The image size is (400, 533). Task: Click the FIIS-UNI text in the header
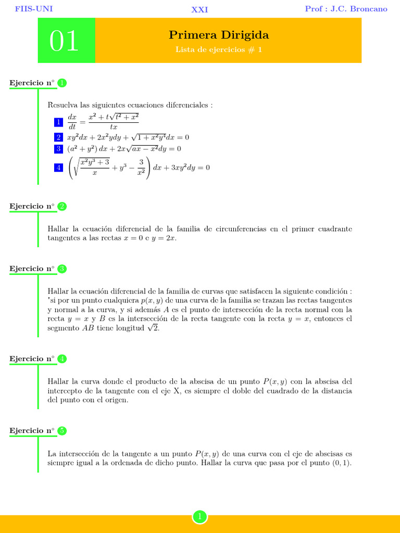[34, 9]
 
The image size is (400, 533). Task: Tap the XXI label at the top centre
[199, 9]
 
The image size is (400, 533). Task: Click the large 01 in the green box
[65, 41]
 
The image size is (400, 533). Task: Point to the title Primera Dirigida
[219, 35]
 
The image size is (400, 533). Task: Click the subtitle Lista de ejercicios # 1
[219, 50]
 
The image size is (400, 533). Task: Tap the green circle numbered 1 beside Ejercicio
[62, 83]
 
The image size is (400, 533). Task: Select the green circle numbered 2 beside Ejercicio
[62, 206]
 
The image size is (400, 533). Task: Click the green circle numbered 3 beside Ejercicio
[62, 269]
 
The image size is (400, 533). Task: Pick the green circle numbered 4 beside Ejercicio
[62, 359]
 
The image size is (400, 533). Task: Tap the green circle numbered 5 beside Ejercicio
[62, 430]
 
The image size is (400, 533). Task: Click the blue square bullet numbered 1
[58, 122]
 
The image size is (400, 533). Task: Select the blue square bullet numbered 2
[58, 137]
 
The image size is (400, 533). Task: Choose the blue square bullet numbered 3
[58, 149]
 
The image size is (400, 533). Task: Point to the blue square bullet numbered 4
[58, 168]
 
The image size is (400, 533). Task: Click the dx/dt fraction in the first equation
[72, 122]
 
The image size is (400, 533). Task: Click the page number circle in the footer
[199, 516]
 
